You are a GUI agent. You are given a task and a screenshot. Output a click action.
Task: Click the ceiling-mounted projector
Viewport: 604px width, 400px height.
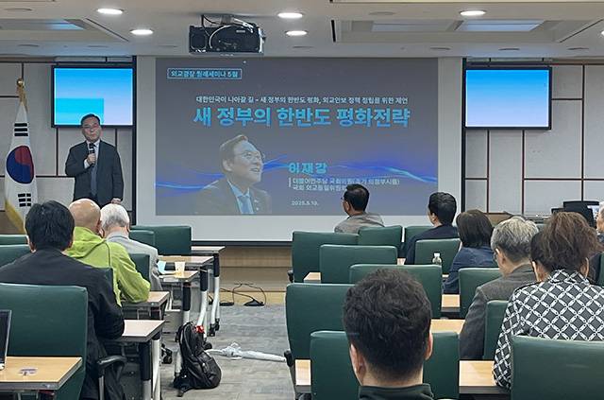(226, 38)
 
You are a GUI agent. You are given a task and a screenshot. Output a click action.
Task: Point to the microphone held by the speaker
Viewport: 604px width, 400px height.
(92, 149)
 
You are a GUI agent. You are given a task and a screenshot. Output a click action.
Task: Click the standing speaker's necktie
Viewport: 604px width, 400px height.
(93, 170)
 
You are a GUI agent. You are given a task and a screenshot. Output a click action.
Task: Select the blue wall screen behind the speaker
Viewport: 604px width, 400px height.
(92, 96)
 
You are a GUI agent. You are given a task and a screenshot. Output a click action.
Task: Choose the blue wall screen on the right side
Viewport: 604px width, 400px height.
(508, 97)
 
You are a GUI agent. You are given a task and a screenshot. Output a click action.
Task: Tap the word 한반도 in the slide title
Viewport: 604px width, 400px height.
(299, 117)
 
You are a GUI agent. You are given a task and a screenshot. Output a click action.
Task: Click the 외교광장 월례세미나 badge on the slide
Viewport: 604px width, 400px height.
(204, 73)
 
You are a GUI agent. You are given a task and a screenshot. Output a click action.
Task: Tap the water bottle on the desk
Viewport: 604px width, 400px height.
(436, 259)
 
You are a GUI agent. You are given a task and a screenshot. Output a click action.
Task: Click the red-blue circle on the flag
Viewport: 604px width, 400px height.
(20, 164)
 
